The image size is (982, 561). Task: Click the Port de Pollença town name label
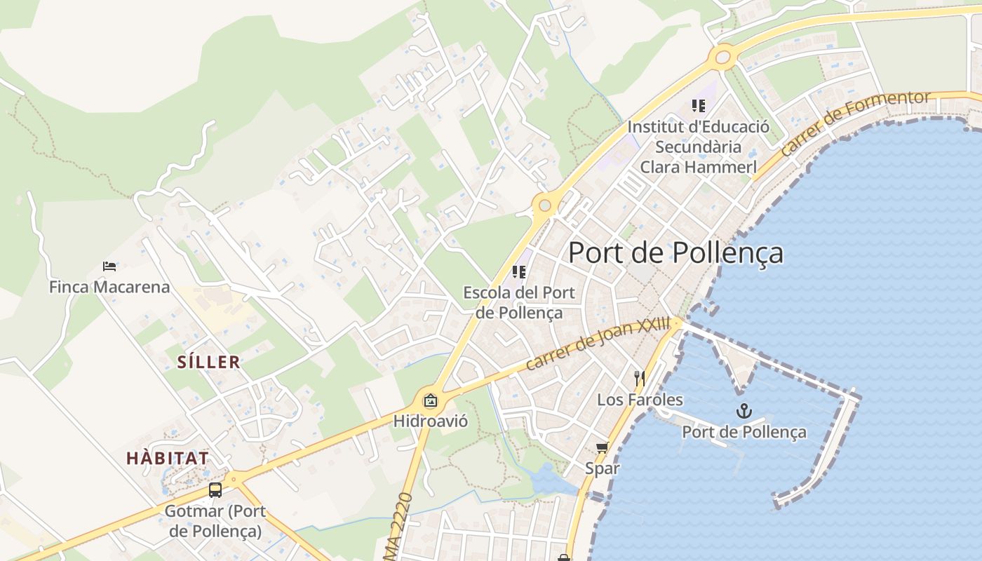pos(675,253)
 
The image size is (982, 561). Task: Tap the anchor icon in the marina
pos(744,412)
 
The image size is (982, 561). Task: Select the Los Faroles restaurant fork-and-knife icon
pos(639,379)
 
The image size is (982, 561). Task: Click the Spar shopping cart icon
pos(602,447)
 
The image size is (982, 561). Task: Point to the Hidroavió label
pos(430,421)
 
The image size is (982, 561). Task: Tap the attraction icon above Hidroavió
pos(430,401)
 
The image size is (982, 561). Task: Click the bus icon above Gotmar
pos(215,490)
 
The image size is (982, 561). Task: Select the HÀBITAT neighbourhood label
pos(168,459)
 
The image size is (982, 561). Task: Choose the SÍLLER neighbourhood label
pos(208,363)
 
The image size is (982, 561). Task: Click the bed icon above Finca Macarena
pos(109,266)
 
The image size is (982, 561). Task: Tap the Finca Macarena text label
pos(109,287)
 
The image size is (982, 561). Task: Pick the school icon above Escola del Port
pos(519,272)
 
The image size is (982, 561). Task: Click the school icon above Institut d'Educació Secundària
pos(698,106)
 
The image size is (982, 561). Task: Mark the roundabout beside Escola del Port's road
pos(545,205)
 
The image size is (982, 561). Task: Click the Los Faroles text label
pos(640,400)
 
